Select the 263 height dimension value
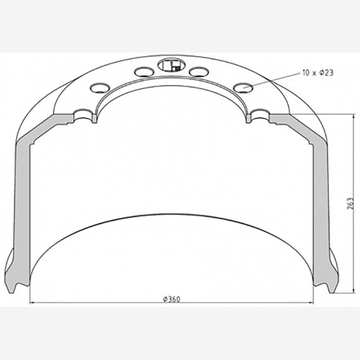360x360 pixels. [349, 203]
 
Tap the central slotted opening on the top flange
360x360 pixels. [169, 64]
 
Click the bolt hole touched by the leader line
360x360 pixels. [242, 86]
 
